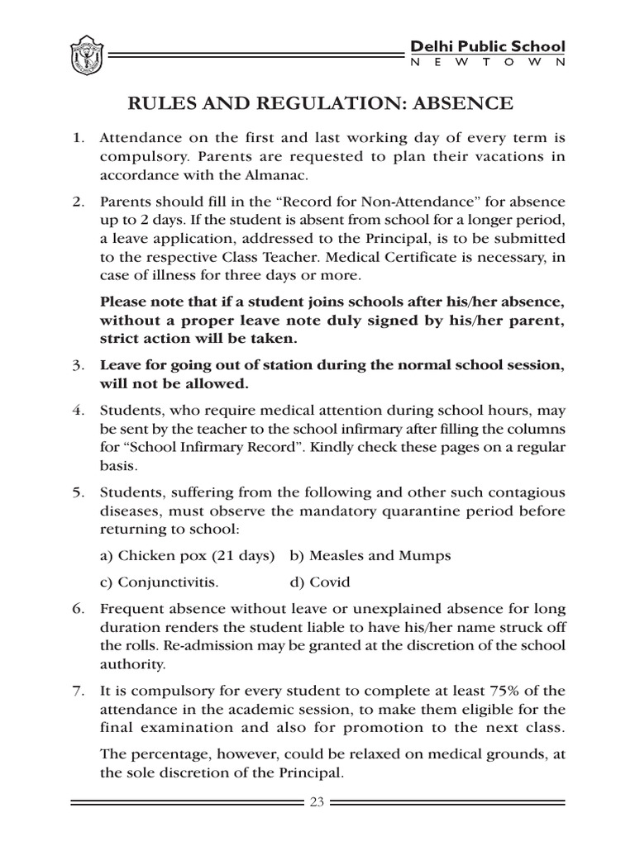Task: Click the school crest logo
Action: (x=85, y=55)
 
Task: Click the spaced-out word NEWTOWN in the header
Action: (x=488, y=64)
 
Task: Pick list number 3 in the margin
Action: (x=78, y=364)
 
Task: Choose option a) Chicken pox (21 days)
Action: (x=187, y=555)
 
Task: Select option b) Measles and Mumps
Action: (x=370, y=555)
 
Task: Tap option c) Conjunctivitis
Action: (x=160, y=582)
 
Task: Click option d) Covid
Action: (x=320, y=582)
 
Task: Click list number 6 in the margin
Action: (x=78, y=608)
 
